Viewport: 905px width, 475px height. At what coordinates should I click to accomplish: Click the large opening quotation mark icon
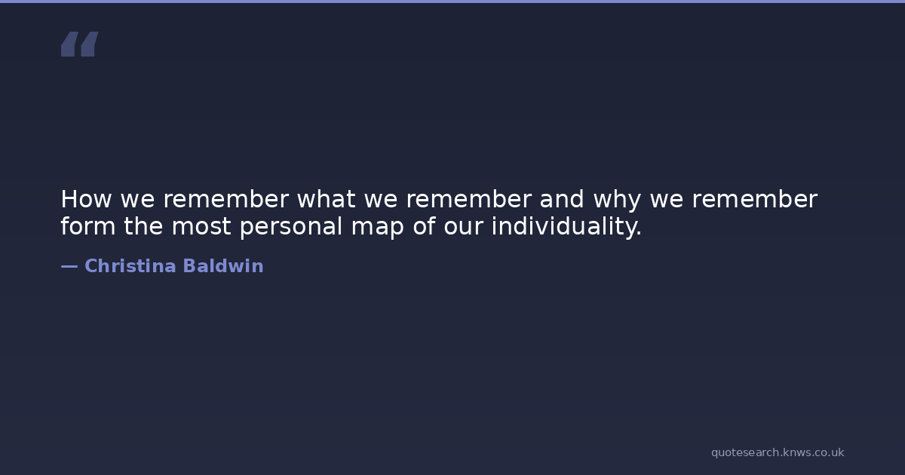tap(80, 44)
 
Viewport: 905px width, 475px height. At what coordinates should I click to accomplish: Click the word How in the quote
tap(86, 199)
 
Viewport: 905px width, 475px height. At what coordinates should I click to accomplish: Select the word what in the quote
tap(327, 199)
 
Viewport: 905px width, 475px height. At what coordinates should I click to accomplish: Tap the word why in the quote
tap(617, 201)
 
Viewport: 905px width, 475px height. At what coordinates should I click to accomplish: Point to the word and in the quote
tap(562, 199)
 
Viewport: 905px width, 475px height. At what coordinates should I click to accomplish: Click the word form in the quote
tap(88, 225)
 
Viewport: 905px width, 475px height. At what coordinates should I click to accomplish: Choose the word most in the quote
tap(201, 227)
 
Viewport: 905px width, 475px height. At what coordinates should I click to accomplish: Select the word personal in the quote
tap(291, 227)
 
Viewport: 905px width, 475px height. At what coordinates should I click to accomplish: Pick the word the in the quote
tap(143, 225)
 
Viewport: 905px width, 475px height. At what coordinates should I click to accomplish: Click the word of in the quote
tap(424, 225)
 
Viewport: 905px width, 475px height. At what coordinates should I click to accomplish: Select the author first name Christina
tap(130, 266)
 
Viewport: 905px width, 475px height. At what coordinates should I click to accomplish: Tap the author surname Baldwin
tap(223, 266)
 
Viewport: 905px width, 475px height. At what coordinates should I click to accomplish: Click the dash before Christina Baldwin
tap(69, 267)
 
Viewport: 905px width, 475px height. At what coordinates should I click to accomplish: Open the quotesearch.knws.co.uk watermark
tap(778, 452)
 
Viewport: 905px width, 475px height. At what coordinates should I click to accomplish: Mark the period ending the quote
tap(638, 233)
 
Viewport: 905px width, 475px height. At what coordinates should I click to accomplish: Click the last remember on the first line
tap(755, 199)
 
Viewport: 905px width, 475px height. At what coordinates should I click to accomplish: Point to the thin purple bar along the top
tap(452, 2)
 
